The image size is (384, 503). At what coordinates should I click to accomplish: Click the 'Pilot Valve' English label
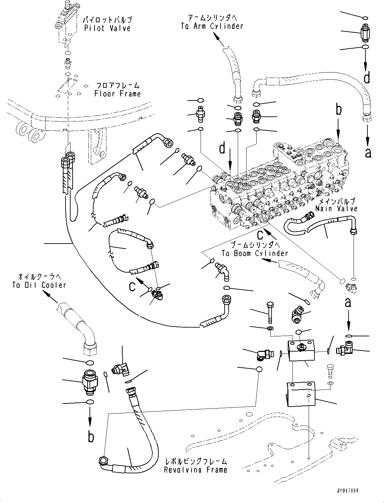107,28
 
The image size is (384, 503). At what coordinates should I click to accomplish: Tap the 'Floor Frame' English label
117,93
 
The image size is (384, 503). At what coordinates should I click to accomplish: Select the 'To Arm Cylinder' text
212,26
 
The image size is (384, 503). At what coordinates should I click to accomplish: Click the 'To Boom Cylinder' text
255,253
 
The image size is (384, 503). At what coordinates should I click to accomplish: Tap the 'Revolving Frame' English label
196,470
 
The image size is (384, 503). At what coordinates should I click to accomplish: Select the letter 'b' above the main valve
338,110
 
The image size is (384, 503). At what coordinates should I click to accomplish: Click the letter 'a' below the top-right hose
368,153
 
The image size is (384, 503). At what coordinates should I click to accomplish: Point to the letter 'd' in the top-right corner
367,78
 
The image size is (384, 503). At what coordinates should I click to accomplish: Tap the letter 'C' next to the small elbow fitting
133,286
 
